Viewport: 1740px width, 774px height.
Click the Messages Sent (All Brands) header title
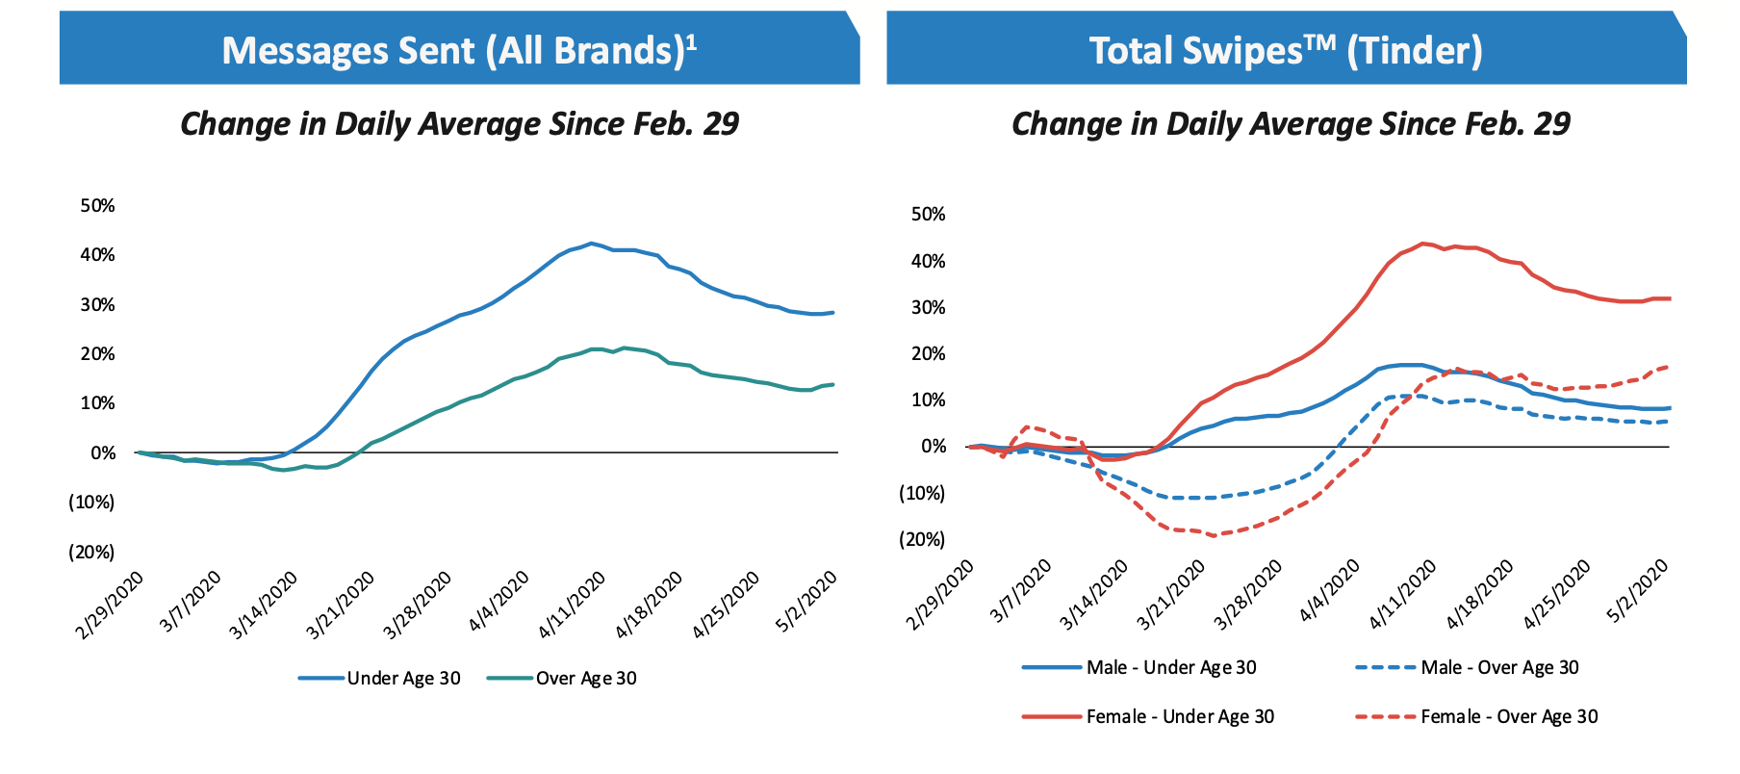(x=452, y=50)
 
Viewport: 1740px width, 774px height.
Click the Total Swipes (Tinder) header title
(x=1286, y=50)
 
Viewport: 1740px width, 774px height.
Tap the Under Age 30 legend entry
(x=403, y=678)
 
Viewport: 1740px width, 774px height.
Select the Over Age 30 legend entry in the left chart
(x=585, y=678)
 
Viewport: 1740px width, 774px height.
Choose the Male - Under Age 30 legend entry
(x=1170, y=667)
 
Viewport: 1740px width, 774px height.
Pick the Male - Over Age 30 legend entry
(x=1499, y=667)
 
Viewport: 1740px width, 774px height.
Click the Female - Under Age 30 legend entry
(x=1179, y=716)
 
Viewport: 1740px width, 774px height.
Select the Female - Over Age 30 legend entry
(x=1508, y=716)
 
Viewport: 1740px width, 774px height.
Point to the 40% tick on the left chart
(x=97, y=254)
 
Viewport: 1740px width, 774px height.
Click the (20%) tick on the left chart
(x=91, y=552)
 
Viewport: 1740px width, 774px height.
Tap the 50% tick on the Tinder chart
(x=929, y=214)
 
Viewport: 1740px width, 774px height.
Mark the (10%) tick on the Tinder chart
(x=923, y=493)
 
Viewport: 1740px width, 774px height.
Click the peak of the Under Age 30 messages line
(x=591, y=244)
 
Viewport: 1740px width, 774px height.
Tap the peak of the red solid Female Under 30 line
(x=1421, y=244)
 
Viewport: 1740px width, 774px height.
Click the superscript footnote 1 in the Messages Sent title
(x=691, y=40)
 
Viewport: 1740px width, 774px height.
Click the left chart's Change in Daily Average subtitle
(x=459, y=123)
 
